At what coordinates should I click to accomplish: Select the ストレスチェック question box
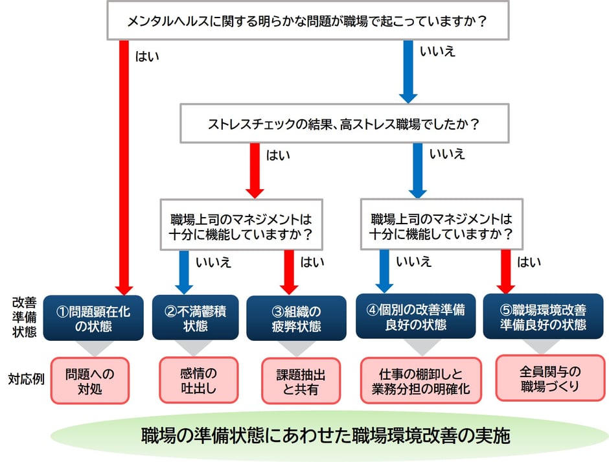click(x=343, y=124)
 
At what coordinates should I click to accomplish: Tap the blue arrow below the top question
click(x=408, y=71)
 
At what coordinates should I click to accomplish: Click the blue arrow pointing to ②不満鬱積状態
click(x=185, y=271)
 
